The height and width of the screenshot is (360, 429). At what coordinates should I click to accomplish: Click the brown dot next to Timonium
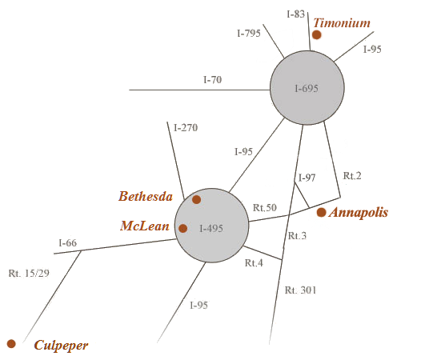tap(317, 34)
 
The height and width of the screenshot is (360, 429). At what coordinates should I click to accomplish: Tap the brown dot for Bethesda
tap(196, 200)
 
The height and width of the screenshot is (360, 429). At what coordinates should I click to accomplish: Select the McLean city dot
tap(182, 229)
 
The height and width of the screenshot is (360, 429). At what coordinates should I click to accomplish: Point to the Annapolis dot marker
tap(321, 212)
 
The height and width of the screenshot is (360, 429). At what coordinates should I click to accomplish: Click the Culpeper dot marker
tap(11, 343)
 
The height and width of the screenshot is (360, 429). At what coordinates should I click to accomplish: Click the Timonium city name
tap(342, 23)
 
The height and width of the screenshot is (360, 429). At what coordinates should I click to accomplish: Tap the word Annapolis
tap(359, 213)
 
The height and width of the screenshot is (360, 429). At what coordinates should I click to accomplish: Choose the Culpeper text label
tap(61, 346)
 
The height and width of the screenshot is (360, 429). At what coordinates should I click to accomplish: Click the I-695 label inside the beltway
tap(307, 88)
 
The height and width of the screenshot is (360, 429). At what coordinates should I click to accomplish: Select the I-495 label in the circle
tap(211, 229)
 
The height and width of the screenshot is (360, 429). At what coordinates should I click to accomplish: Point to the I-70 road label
tap(213, 80)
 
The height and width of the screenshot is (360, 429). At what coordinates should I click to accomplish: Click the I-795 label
tap(249, 34)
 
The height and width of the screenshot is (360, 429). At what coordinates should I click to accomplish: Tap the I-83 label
tap(296, 14)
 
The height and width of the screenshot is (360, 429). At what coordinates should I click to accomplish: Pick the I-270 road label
tap(186, 128)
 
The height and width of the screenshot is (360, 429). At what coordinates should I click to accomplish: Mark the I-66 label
tap(68, 243)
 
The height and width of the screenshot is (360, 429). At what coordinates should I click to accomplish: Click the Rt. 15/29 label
tap(29, 274)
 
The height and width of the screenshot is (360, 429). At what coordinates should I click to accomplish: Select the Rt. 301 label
tap(300, 290)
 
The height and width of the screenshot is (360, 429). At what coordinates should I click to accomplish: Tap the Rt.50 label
tap(265, 208)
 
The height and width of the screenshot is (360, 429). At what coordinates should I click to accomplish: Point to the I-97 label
tap(307, 178)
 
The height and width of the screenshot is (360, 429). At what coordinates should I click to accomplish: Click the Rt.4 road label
tap(254, 263)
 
